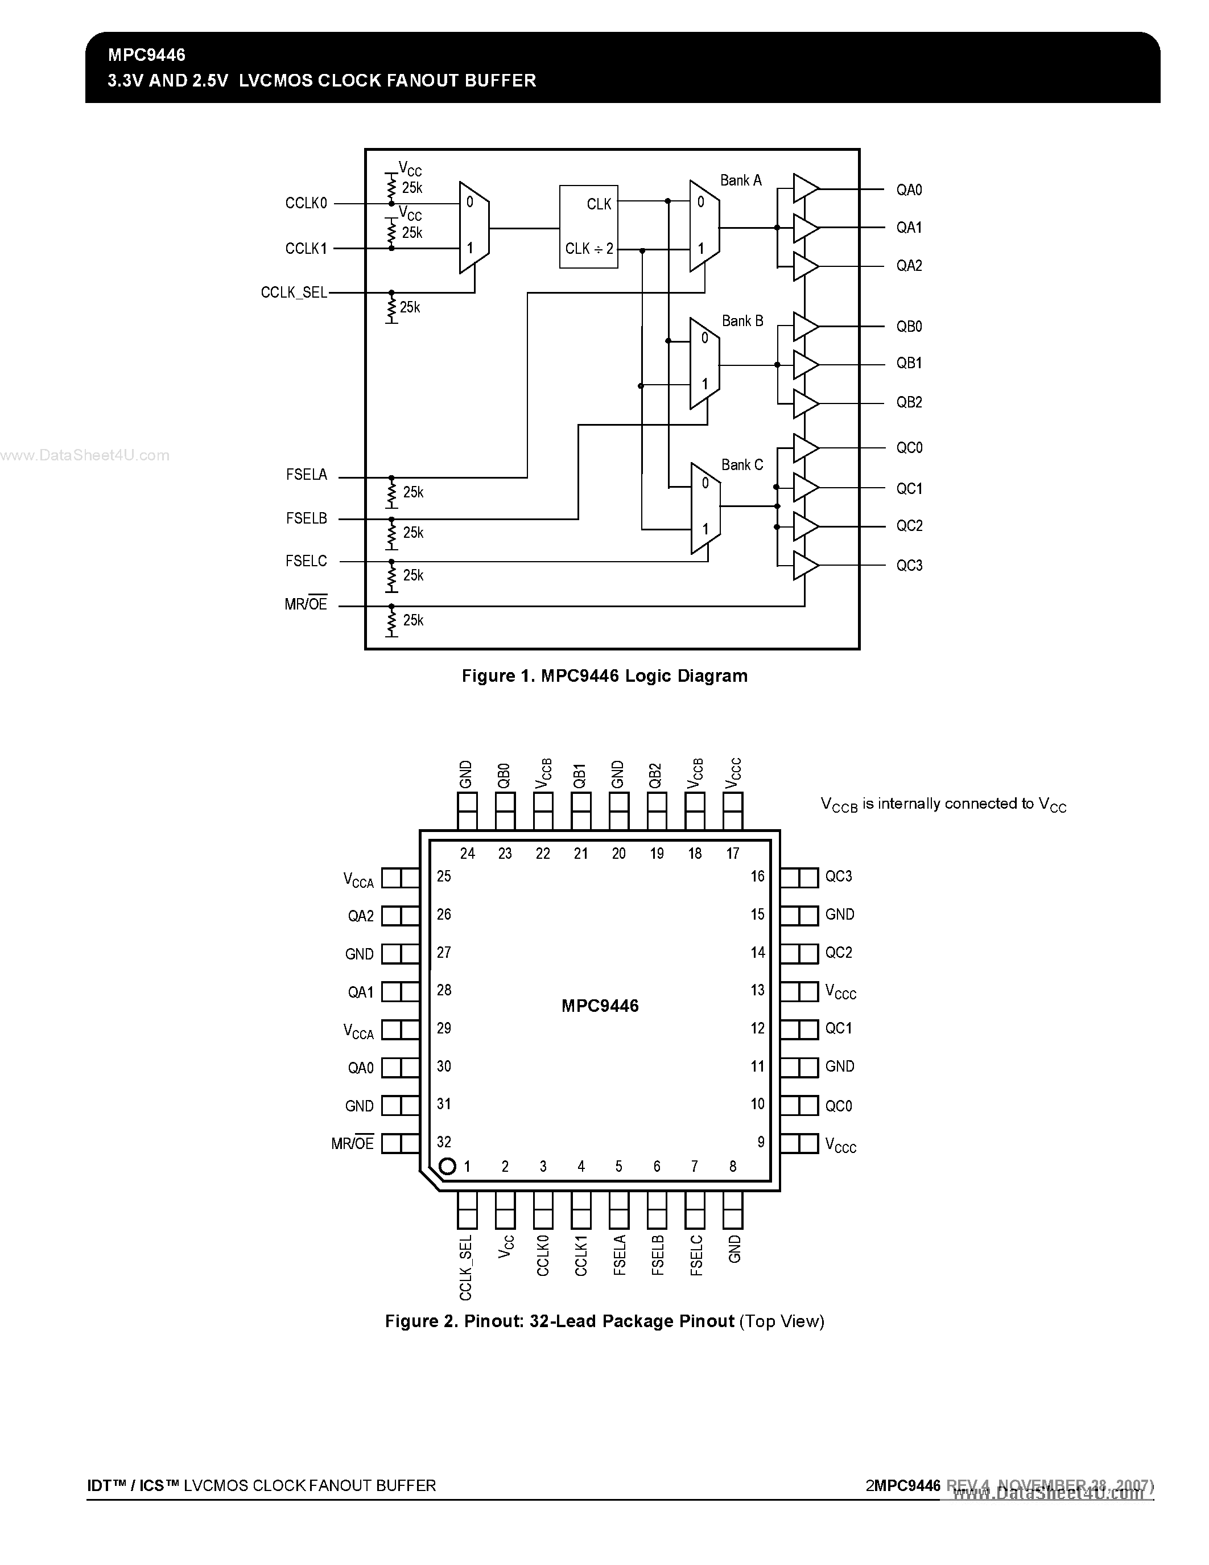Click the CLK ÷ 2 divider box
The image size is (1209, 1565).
(588, 227)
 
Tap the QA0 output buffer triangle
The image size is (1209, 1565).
(805, 189)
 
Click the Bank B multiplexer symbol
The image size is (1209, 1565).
(704, 364)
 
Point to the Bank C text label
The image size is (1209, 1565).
(742, 465)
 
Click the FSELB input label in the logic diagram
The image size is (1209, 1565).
(306, 518)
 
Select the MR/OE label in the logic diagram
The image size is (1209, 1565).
(306, 604)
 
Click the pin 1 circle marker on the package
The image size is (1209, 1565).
(447, 1166)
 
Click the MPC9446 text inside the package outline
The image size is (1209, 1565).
(600, 1006)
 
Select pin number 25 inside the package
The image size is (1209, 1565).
(444, 876)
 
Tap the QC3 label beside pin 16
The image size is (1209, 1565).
(838, 876)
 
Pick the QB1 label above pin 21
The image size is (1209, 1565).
(580, 775)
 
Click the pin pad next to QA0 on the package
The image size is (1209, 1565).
(401, 1068)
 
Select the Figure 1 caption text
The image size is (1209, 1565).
(604, 676)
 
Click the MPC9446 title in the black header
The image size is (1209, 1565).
(147, 55)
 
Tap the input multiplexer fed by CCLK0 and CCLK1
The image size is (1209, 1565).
(473, 227)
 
